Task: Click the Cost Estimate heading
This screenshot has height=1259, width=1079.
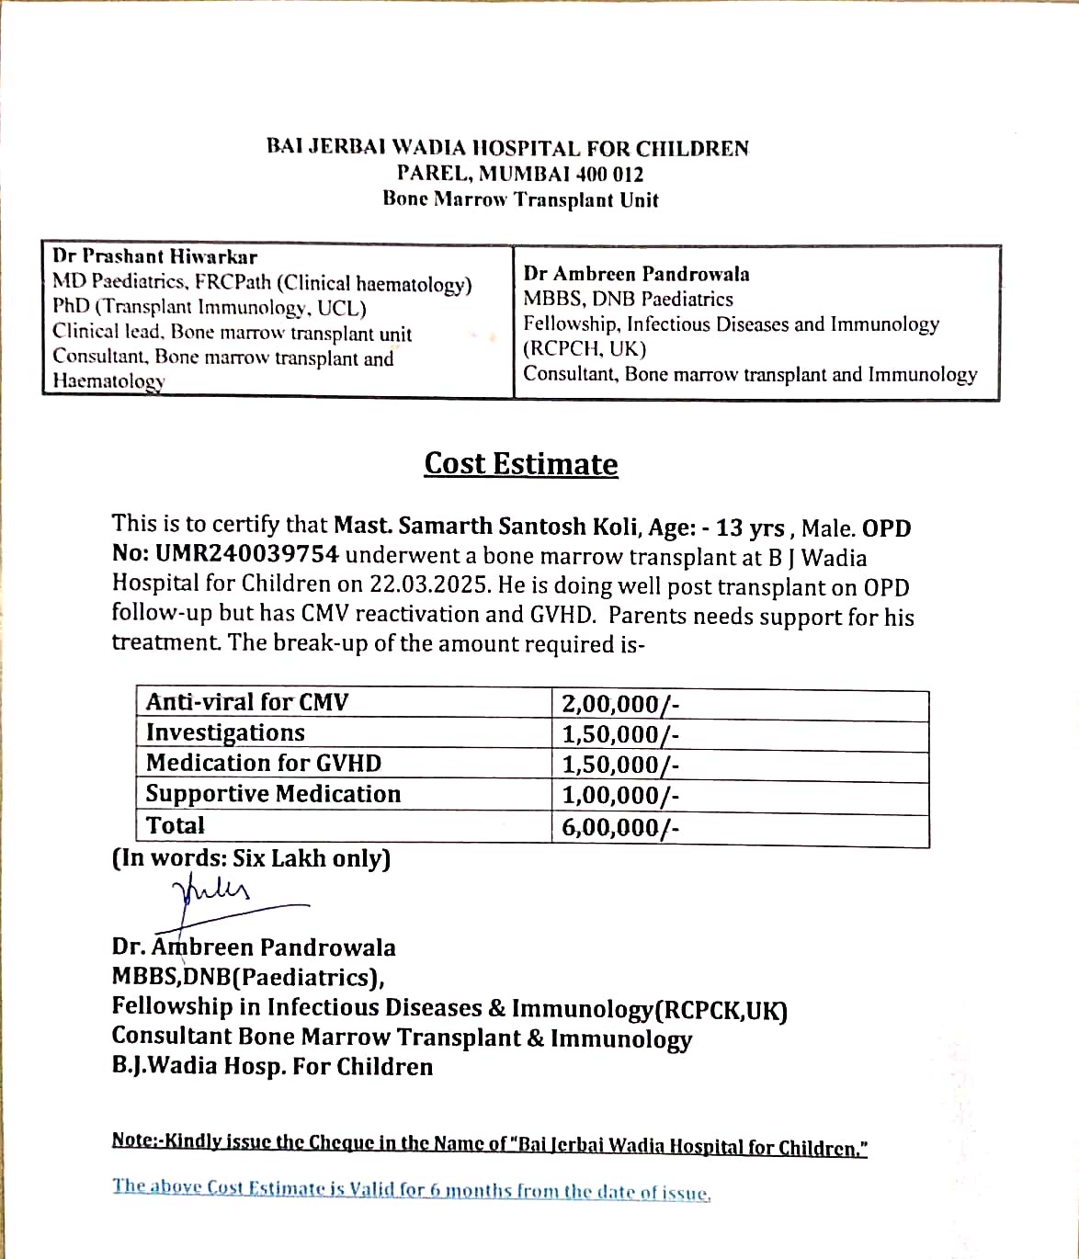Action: click(520, 464)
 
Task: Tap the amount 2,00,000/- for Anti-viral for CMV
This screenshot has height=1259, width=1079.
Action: click(620, 705)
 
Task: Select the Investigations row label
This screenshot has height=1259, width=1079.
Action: click(225, 732)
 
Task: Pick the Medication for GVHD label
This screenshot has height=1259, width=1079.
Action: click(263, 763)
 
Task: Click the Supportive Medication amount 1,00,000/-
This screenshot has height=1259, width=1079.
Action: click(620, 796)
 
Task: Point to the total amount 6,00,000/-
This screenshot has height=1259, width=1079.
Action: click(620, 827)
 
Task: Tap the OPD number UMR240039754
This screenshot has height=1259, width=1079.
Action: click(246, 554)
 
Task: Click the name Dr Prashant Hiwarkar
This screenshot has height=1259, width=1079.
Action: click(154, 256)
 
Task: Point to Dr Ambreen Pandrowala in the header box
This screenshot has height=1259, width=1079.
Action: click(636, 274)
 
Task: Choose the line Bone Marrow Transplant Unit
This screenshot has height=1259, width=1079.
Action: click(520, 199)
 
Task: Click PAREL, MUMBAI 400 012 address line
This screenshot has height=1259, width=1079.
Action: click(520, 174)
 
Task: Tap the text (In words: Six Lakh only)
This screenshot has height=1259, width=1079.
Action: click(251, 858)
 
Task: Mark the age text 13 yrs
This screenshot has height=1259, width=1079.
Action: click(750, 528)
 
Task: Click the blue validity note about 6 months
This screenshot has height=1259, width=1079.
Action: click(411, 1189)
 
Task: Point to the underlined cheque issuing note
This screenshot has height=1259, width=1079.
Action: click(489, 1145)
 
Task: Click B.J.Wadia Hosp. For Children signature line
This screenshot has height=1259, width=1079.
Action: click(272, 1067)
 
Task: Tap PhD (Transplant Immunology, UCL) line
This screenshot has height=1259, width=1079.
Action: click(209, 308)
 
